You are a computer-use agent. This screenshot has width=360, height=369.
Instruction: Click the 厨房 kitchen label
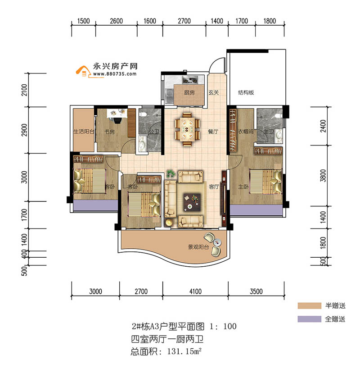point(189,93)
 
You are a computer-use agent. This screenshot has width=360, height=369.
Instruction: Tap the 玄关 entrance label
point(213,93)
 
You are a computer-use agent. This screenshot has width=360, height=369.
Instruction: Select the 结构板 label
point(246,93)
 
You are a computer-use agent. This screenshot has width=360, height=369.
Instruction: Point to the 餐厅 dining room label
point(213,132)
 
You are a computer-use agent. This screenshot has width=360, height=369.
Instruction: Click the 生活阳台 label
point(84,132)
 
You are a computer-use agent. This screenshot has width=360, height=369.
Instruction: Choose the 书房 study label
point(109,132)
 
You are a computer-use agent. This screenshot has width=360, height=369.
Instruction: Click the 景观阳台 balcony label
point(198,247)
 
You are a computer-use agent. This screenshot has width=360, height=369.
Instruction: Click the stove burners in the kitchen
point(189,81)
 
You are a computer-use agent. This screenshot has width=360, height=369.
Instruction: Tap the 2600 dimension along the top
point(116,21)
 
